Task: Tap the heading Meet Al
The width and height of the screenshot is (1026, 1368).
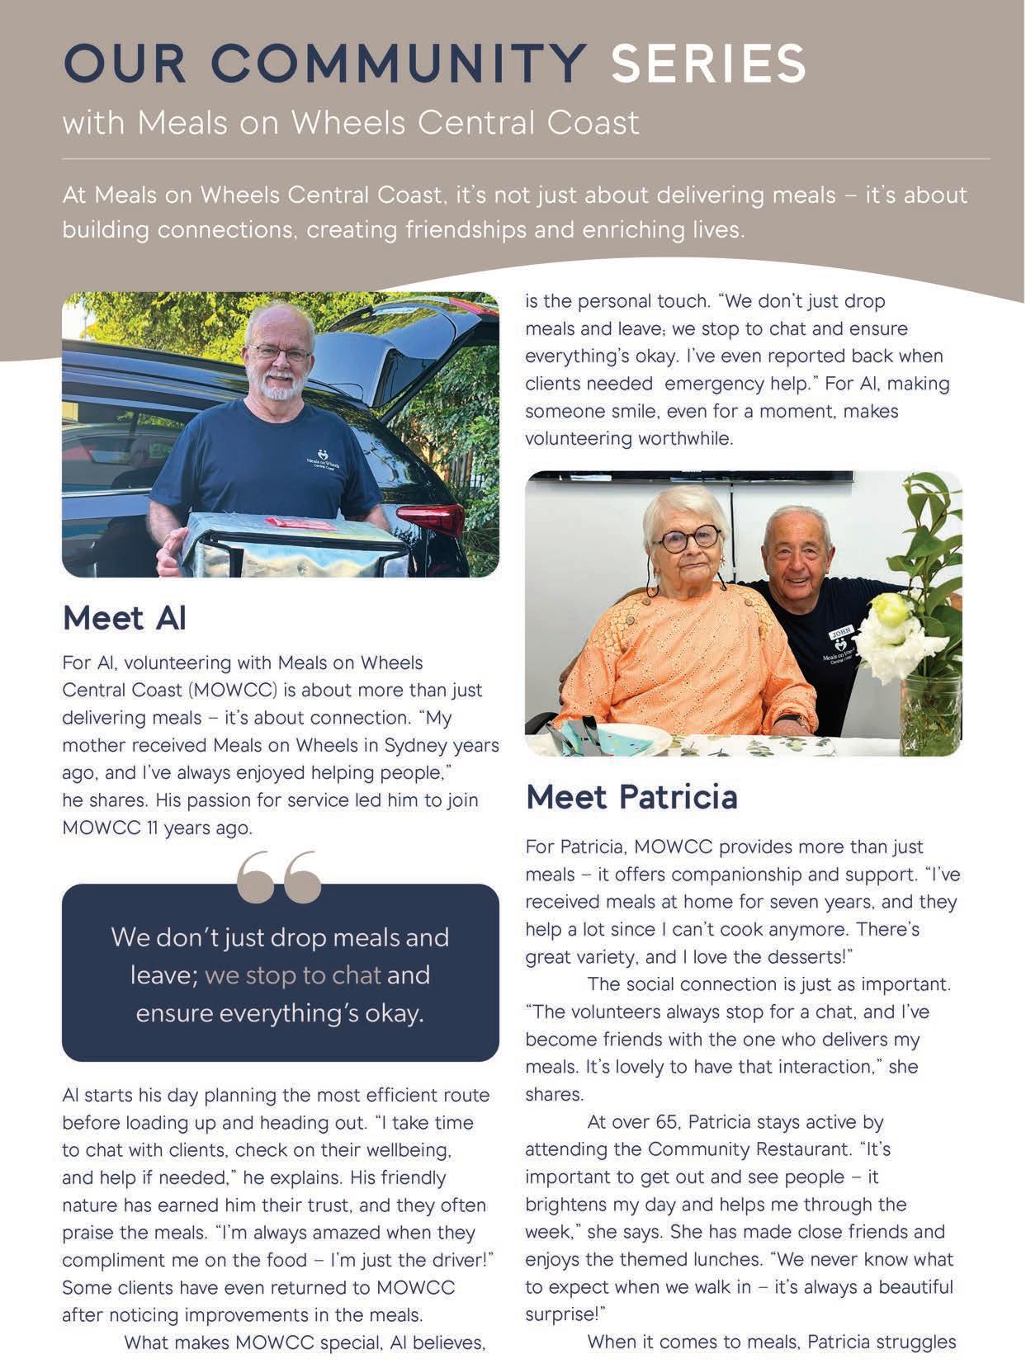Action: (x=124, y=618)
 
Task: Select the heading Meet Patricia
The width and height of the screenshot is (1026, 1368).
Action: (x=631, y=797)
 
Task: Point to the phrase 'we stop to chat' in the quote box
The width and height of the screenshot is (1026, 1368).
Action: (x=293, y=975)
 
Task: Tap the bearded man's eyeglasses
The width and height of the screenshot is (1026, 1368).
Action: (x=281, y=353)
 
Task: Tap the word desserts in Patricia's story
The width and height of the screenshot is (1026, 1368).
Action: (x=805, y=957)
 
